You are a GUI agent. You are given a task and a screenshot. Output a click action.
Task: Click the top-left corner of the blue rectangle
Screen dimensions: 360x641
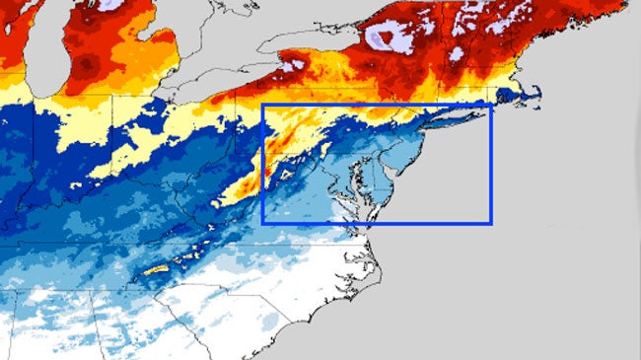click(263, 106)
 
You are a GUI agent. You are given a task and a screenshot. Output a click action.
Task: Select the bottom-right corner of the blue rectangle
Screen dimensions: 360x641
click(490, 223)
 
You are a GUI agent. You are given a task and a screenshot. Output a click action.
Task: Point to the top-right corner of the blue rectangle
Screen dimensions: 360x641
click(490, 106)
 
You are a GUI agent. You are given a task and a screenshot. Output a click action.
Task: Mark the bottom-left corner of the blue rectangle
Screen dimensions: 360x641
click(263, 223)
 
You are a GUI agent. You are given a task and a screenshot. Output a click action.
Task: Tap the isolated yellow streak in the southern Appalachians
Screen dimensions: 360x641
click(158, 269)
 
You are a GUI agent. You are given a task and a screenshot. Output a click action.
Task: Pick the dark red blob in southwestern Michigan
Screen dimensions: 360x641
click(89, 65)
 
